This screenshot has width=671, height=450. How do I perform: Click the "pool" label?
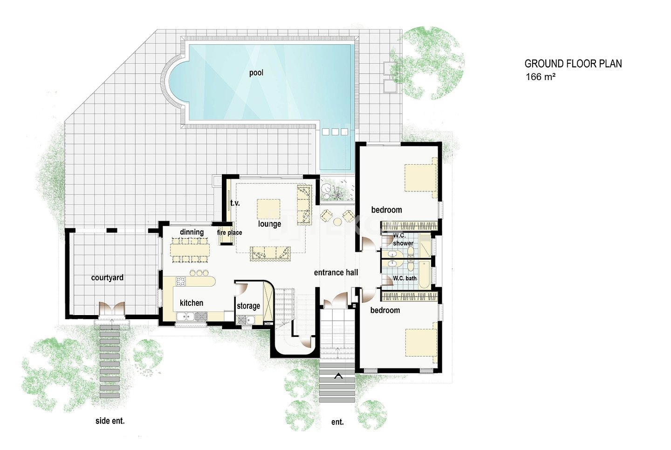pyautogui.click(x=256, y=73)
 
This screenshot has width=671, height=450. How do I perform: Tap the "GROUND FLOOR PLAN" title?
pyautogui.click(x=573, y=64)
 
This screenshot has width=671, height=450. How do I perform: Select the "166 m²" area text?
pyautogui.click(x=541, y=77)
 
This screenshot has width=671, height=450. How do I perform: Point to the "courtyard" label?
pyautogui.click(x=107, y=278)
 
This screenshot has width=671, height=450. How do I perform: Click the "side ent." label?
pyautogui.click(x=110, y=421)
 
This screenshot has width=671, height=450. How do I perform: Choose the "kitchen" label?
pyautogui.click(x=192, y=303)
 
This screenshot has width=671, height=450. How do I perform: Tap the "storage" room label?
pyautogui.click(x=248, y=306)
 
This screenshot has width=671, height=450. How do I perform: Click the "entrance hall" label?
pyautogui.click(x=336, y=273)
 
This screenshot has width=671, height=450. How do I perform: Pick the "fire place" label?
pyautogui.click(x=229, y=233)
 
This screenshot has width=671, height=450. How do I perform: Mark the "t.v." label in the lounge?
pyautogui.click(x=235, y=203)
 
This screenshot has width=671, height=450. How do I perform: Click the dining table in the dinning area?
pyautogui.click(x=190, y=249)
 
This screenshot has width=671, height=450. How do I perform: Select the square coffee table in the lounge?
pyautogui.click(x=268, y=209)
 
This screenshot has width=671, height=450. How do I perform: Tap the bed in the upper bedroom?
pyautogui.click(x=421, y=177)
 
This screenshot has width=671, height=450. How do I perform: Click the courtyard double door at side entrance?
pyautogui.click(x=112, y=309)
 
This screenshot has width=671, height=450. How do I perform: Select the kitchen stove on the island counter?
pyautogui.click(x=180, y=281)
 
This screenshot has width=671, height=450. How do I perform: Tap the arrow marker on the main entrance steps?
pyautogui.click(x=339, y=376)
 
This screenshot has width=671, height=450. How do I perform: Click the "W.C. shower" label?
pyautogui.click(x=403, y=239)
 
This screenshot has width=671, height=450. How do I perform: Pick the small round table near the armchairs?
pyautogui.click(x=337, y=222)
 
